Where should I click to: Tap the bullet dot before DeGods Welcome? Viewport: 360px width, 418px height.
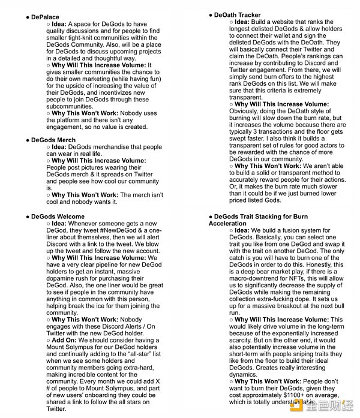point(28,216)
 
